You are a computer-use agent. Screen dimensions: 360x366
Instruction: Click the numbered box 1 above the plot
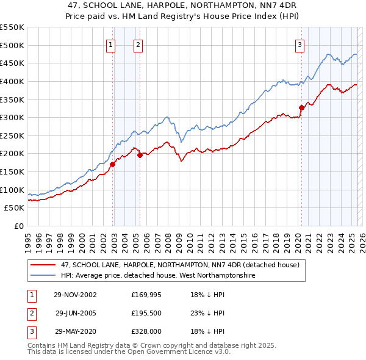click(111, 44)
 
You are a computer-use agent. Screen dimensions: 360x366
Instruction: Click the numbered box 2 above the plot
click(138, 44)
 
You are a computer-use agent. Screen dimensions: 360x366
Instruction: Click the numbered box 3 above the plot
click(300, 44)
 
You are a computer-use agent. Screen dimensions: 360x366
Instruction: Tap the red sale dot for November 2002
click(113, 164)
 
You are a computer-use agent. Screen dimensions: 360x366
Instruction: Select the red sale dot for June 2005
click(140, 155)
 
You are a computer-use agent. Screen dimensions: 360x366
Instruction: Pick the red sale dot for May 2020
click(301, 107)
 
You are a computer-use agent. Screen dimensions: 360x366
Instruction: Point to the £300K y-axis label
click(12, 117)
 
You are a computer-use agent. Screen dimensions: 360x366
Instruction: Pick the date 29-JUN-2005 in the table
click(76, 313)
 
